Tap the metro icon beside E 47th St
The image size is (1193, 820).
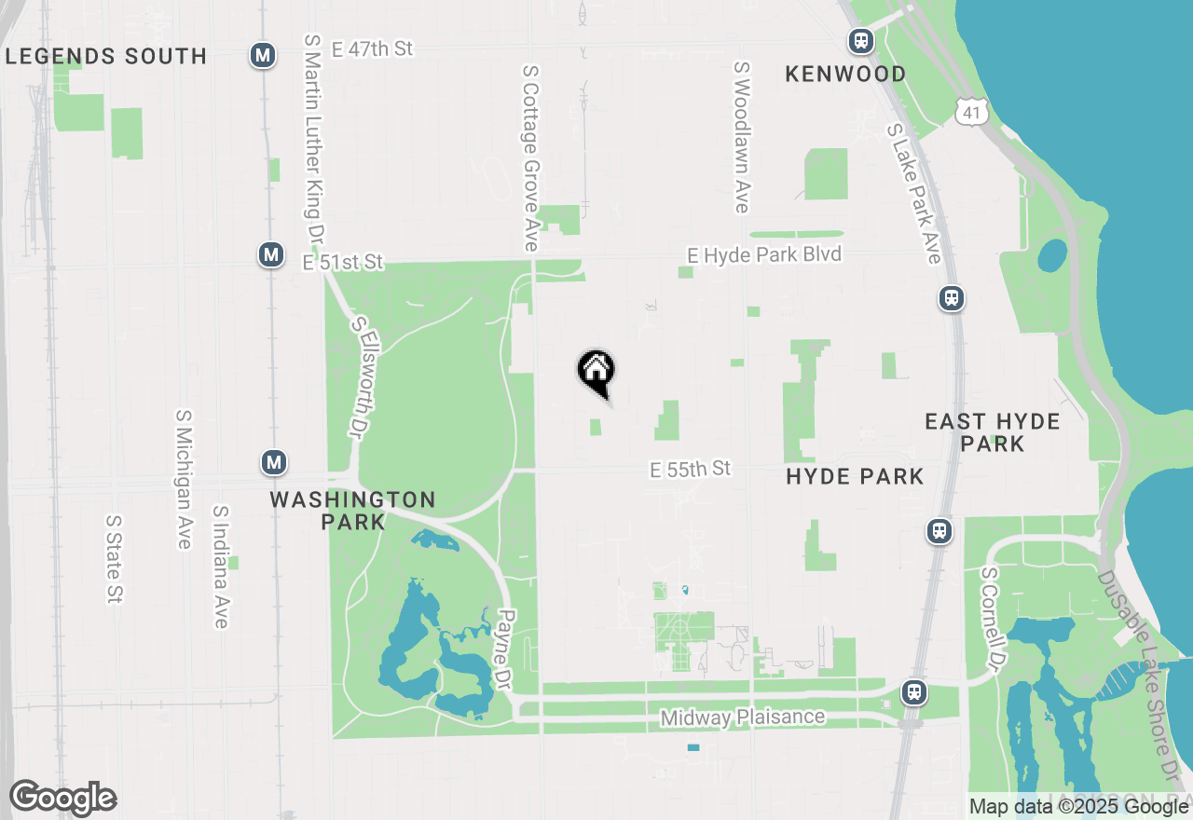pyautogui.click(x=264, y=56)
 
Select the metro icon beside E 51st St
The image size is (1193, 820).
pyautogui.click(x=271, y=254)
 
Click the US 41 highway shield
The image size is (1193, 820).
pyautogui.click(x=970, y=113)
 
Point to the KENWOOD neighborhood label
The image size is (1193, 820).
pyautogui.click(x=845, y=75)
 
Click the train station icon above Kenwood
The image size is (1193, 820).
pyautogui.click(x=860, y=41)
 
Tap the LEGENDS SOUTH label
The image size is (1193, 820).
pyautogui.click(x=105, y=57)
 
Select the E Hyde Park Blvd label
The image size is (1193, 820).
pyautogui.click(x=764, y=255)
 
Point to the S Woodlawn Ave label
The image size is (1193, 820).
pyautogui.click(x=742, y=137)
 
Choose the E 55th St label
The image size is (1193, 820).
pyautogui.click(x=691, y=470)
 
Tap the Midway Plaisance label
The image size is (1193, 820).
pyautogui.click(x=742, y=717)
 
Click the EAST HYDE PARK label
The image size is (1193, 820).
pyautogui.click(x=993, y=433)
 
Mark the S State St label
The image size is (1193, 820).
pyautogui.click(x=114, y=558)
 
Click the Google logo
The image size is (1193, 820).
pyautogui.click(x=62, y=799)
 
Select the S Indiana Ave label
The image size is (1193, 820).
pyautogui.click(x=221, y=567)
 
